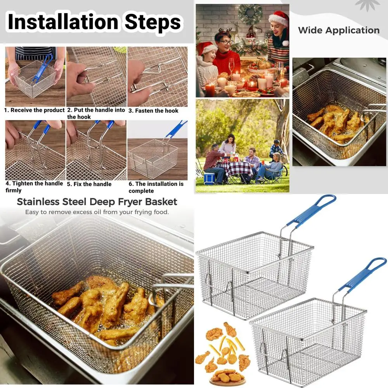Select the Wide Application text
pyautogui.click(x=338, y=30)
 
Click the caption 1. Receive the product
pyautogui.click(x=34, y=110)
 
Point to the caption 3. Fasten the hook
pyautogui.click(x=153, y=111)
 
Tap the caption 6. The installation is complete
pyautogui.click(x=156, y=187)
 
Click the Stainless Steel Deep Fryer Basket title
pyautogui.click(x=97, y=202)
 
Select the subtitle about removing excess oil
pyautogui.click(x=97, y=212)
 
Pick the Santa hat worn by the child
pyautogui.click(x=206, y=48)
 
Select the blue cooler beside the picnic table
pyautogui.click(x=210, y=178)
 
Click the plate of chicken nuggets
pyautogui.click(x=227, y=375)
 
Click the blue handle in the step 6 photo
pyautogui.click(x=177, y=130)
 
